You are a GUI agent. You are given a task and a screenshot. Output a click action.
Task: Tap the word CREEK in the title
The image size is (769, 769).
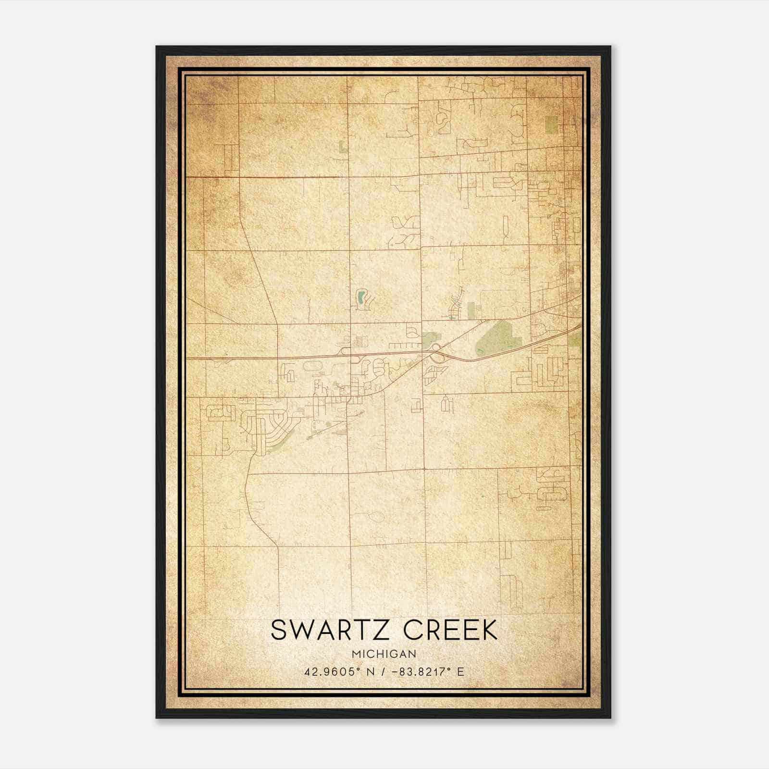point(450,630)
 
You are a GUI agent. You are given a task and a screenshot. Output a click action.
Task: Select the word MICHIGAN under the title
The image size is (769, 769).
point(384,654)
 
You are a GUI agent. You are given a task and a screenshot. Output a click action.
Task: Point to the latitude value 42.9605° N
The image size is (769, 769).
point(339,671)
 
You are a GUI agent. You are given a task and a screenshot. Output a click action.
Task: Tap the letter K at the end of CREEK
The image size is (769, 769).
point(488,630)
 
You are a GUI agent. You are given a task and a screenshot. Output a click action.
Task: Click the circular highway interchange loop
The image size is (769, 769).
point(436,347)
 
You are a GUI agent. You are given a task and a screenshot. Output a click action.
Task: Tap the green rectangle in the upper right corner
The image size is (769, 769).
point(552,124)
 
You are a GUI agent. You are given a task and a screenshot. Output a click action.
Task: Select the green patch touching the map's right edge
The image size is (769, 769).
point(574,340)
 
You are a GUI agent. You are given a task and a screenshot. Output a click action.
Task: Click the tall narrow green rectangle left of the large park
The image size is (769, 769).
point(471,310)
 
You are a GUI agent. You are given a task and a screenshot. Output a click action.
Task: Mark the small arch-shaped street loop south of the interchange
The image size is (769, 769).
point(447,403)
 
